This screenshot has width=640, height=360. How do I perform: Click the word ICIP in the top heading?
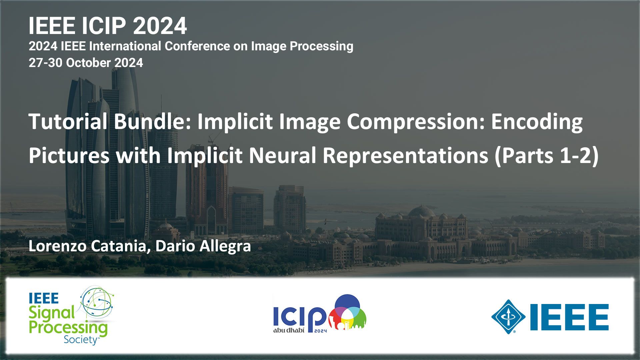pos(104,26)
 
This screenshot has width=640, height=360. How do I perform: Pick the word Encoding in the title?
pos(537,122)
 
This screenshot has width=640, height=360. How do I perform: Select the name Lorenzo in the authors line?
pos(59,246)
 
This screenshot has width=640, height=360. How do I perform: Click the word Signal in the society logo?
pos(52,313)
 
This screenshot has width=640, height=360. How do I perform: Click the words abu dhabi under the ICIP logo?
pos(289,331)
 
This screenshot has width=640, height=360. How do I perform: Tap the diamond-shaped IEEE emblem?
pos(508,317)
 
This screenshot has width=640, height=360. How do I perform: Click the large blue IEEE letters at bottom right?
pos(569,317)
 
